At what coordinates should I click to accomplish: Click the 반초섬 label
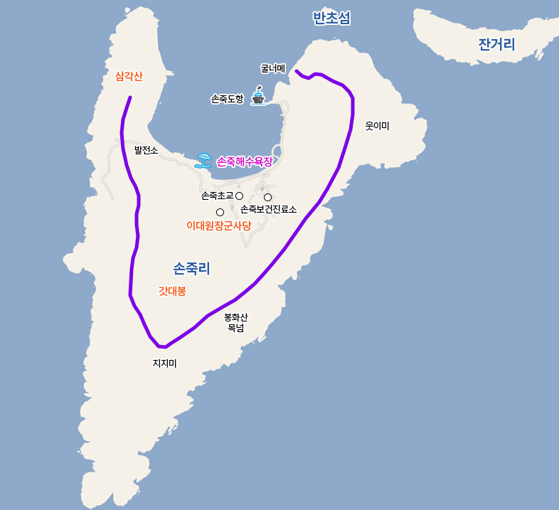click(x=331, y=18)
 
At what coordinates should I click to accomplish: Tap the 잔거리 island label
click(x=496, y=45)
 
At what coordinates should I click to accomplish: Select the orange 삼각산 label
click(x=129, y=76)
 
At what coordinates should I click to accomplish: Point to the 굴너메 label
click(x=272, y=68)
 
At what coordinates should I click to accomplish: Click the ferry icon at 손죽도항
click(x=258, y=96)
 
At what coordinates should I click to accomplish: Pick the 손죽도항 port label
click(x=227, y=99)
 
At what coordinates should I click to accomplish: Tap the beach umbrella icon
click(x=203, y=160)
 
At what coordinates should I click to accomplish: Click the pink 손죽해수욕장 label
click(x=244, y=161)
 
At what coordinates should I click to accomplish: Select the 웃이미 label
click(x=377, y=126)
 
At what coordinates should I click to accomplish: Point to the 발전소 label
click(x=146, y=150)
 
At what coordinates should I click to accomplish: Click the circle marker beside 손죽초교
click(x=240, y=196)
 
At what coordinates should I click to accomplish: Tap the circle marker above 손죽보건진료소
click(x=268, y=197)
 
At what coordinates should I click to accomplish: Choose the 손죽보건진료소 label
click(x=268, y=209)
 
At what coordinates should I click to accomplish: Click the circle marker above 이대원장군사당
click(x=220, y=212)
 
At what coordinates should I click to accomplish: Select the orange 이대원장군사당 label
click(x=218, y=225)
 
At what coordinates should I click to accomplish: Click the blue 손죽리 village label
click(x=191, y=268)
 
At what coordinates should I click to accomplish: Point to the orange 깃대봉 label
click(x=172, y=290)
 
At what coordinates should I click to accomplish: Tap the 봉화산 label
click(x=235, y=317)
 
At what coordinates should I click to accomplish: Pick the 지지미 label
click(x=164, y=363)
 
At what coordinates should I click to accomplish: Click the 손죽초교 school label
click(x=217, y=196)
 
